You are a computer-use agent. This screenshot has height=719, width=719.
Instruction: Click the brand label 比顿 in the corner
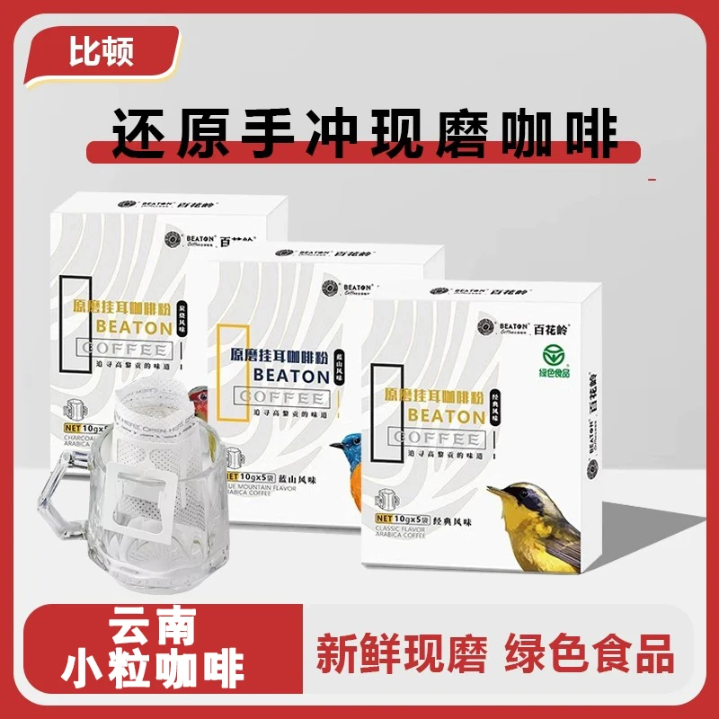click(x=102, y=53)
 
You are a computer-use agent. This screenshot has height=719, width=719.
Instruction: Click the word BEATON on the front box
click(x=446, y=416)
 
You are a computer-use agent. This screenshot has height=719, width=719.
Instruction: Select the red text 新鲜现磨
click(x=401, y=654)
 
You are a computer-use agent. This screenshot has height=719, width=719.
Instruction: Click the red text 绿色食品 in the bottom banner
click(x=590, y=654)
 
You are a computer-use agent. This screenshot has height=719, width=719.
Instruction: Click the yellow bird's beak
click(x=493, y=493)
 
